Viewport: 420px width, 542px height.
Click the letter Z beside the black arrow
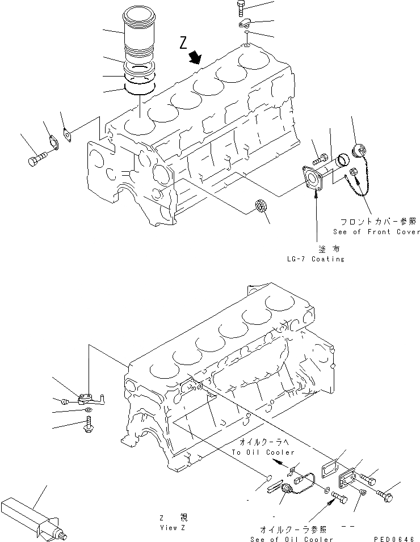tap(183, 42)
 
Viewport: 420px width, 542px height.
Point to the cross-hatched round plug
tap(260, 206)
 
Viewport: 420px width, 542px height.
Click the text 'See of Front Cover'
tap(377, 231)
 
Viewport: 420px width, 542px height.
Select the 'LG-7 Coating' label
tap(316, 259)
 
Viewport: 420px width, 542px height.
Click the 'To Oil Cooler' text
tap(263, 452)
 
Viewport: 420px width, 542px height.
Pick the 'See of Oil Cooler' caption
tap(291, 539)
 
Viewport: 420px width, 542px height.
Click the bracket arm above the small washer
tap(90, 397)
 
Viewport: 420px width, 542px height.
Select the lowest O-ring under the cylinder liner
tap(140, 88)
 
